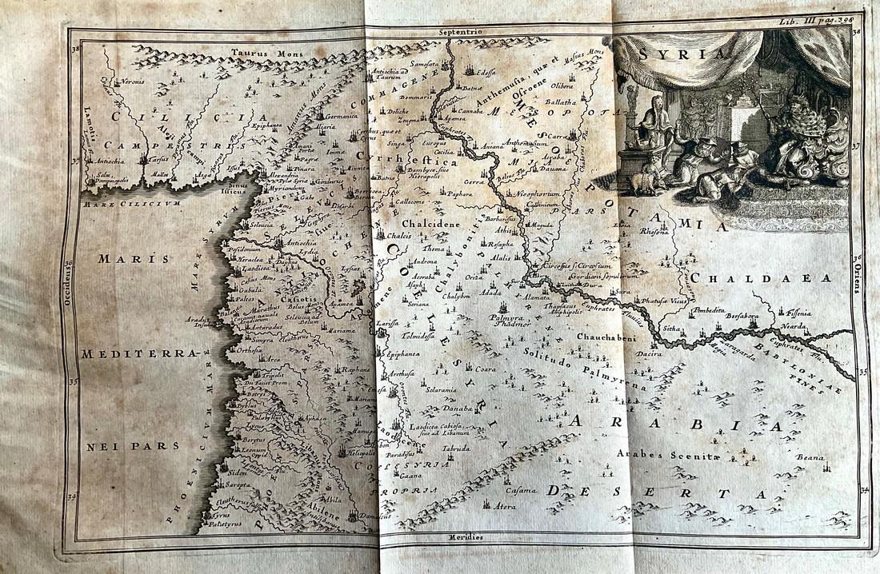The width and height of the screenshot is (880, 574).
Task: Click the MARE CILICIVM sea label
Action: [131, 203]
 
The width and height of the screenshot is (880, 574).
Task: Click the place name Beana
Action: [810, 457]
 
